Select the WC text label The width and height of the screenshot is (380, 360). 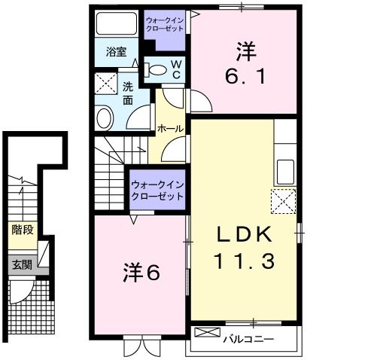pyautogui.click(x=175, y=70)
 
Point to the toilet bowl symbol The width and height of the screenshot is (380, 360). pyautogui.click(x=157, y=70)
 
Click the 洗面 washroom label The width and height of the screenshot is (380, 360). pyautogui.click(x=128, y=93)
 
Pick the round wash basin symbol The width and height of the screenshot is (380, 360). pyautogui.click(x=104, y=117)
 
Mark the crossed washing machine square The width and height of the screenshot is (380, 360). pyautogui.click(x=105, y=83)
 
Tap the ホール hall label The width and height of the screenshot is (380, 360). pyautogui.click(x=169, y=130)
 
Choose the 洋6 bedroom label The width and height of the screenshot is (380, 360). pyautogui.click(x=141, y=273)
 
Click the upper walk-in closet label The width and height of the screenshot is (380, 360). pyautogui.click(x=165, y=22)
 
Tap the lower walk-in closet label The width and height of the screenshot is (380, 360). pyautogui.click(x=157, y=190)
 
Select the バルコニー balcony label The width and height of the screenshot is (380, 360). pyautogui.click(x=248, y=339)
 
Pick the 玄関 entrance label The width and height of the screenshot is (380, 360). pyautogui.click(x=21, y=264)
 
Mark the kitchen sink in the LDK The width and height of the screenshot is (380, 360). pyautogui.click(x=285, y=171)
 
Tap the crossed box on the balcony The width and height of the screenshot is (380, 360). pyautogui.click(x=200, y=332)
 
